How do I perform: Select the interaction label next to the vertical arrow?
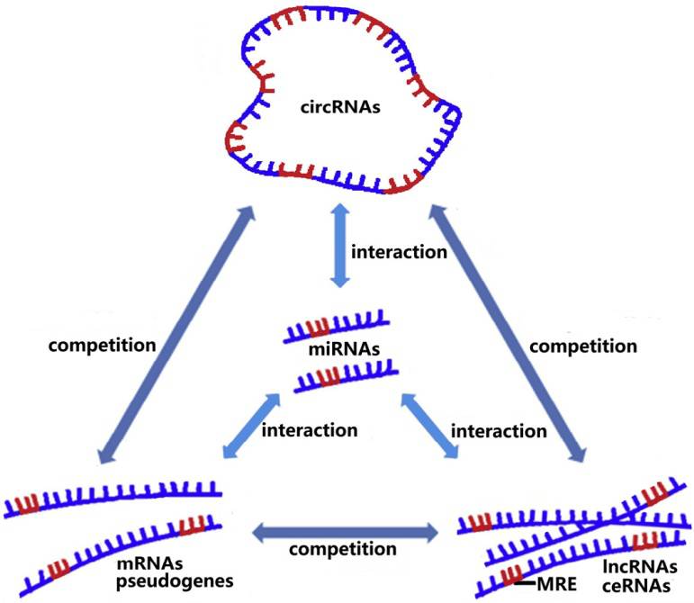398,252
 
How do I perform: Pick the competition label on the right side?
588,344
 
